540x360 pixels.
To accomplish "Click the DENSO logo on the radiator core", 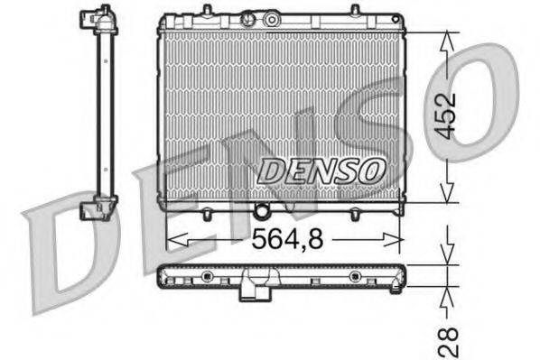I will click(321, 168).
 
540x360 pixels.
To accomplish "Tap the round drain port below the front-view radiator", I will click(263, 212).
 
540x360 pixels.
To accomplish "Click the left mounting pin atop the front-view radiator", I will click(209, 10).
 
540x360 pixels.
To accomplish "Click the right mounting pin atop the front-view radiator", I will click(349, 10).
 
